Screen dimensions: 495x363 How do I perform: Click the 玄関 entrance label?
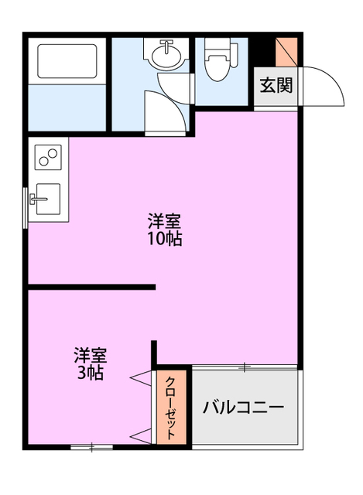pyautogui.click(x=276, y=85)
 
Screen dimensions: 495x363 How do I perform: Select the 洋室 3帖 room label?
pyautogui.click(x=91, y=364)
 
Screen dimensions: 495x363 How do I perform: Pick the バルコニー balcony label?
pyautogui.click(x=244, y=407)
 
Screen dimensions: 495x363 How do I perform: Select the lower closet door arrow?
pyautogui.click(x=142, y=434)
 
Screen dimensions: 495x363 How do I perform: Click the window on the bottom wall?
pyautogui.click(x=91, y=446)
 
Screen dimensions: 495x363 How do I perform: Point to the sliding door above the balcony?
pyautogui.click(x=244, y=366)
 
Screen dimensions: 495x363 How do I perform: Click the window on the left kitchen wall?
pyautogui.click(x=27, y=205)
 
